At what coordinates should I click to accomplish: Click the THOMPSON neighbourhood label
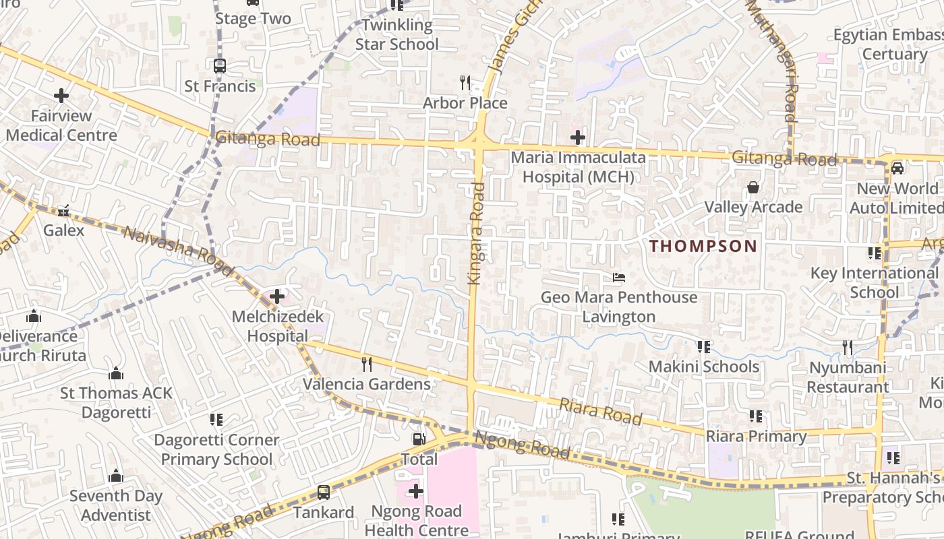[x=703, y=246]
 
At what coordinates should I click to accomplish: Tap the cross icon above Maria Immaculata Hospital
[x=578, y=138]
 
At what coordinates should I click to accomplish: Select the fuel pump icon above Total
[x=419, y=439]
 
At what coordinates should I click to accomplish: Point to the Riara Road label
[x=600, y=410]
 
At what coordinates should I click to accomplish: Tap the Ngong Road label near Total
[x=522, y=445]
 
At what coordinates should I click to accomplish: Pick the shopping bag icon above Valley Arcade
[x=753, y=187]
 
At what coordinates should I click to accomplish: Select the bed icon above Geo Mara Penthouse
[x=618, y=278]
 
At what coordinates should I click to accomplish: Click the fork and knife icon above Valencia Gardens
[x=367, y=364]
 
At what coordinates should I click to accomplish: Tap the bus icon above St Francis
[x=220, y=66]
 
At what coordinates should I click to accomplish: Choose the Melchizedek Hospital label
[x=278, y=326]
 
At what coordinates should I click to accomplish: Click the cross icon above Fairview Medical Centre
[x=61, y=96]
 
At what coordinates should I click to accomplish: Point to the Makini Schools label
[x=703, y=367]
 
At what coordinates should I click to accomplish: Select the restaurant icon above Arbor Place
[x=465, y=83]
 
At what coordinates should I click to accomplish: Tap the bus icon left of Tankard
[x=324, y=493]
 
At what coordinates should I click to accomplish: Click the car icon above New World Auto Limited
[x=897, y=168]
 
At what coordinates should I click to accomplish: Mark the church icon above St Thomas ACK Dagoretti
[x=116, y=373]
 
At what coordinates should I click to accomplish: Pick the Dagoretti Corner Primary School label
[x=216, y=449]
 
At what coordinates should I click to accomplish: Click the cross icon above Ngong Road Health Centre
[x=416, y=491]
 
